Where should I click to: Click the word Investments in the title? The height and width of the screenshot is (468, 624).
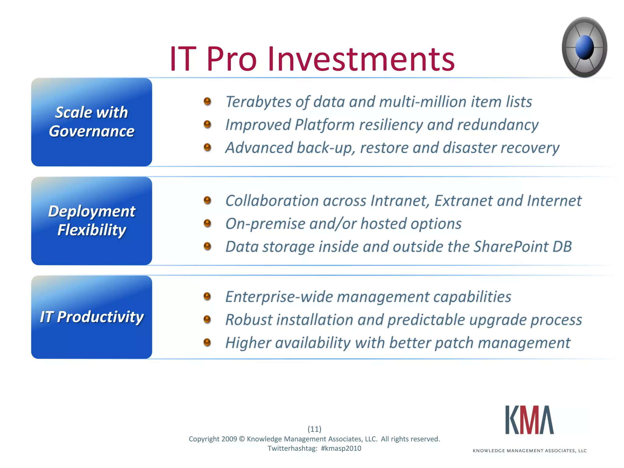pos(361,58)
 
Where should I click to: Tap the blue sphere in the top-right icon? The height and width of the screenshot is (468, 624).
pos(585,48)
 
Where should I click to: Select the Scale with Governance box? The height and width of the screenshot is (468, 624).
pos(91,122)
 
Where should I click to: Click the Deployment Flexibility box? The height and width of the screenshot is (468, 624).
pos(91,221)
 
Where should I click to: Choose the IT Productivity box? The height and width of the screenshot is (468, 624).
pos(91,317)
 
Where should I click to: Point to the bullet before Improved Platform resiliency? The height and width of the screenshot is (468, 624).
pos(207,124)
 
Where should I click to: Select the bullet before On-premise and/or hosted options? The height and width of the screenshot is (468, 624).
pos(207,223)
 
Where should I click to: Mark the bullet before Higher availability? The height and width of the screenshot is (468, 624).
pos(207,342)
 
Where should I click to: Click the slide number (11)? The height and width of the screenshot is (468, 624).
pos(314,429)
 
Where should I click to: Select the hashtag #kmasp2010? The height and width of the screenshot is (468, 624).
pos(341,448)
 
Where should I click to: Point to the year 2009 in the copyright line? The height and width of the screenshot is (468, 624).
pos(229,439)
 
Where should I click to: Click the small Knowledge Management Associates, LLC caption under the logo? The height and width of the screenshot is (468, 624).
pos(530,451)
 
